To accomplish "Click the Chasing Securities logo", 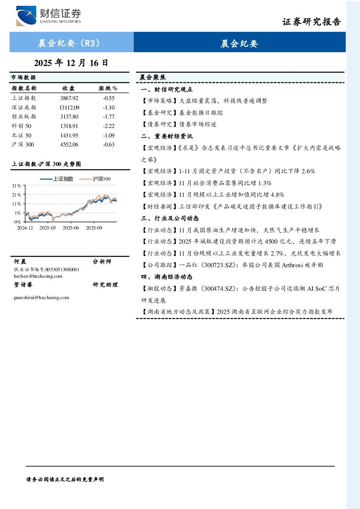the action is point(49,16).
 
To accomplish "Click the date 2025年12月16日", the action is point(71,63).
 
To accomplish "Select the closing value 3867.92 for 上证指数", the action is point(69,98).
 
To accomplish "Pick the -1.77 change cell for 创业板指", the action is point(109,117).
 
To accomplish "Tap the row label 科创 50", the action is point(22,126).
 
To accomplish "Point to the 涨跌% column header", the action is point(108,88).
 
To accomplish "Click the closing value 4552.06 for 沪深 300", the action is point(69,145).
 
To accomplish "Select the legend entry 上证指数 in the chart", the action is point(57,179).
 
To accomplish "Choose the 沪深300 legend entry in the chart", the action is point(95,179).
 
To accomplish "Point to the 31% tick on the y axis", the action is point(16,186).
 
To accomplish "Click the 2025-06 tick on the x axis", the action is point(71,228).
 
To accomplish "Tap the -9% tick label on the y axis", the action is point(17,222).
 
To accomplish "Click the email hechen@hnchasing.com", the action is point(38,276).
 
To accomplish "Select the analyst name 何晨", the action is point(20,261).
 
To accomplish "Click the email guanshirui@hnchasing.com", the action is point(41,297).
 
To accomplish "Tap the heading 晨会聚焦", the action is point(153,77).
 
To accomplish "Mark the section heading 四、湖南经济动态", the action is point(167,277).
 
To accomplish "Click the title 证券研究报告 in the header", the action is point(311,22).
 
